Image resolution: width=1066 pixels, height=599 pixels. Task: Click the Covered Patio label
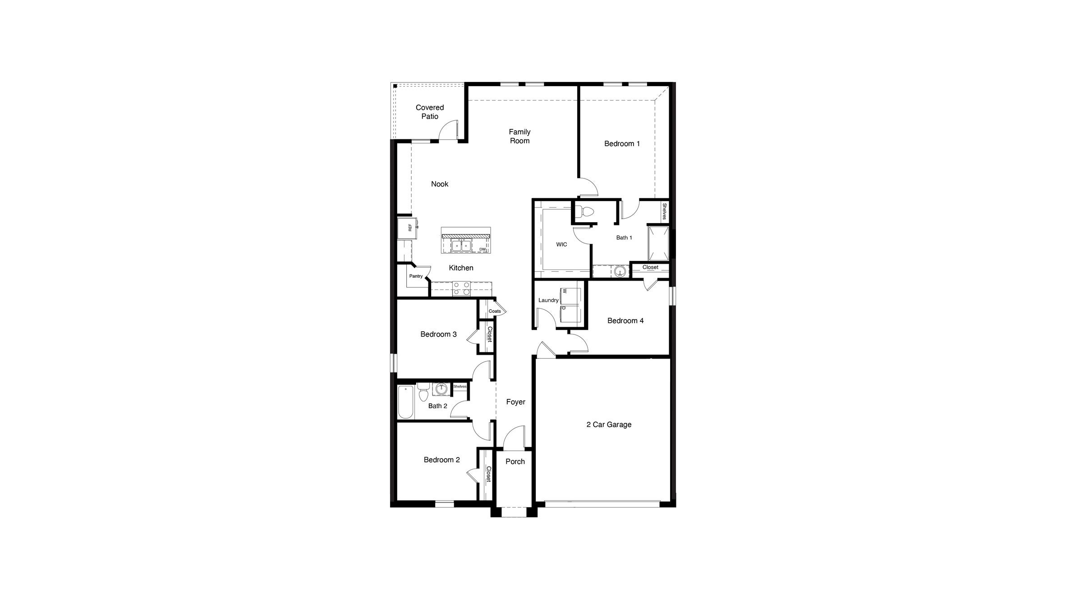point(429,112)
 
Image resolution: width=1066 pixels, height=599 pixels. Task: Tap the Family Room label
point(519,136)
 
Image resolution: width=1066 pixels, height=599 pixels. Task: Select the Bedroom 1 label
point(622,144)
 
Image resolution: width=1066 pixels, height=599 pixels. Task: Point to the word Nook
point(440,184)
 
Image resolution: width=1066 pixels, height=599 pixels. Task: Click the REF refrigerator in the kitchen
point(408,228)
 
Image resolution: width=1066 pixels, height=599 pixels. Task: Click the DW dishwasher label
point(482,249)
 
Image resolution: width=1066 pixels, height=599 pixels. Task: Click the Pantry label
point(416,276)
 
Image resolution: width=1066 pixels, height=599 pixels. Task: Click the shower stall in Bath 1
point(658,243)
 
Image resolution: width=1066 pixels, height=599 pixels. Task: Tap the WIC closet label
point(561,245)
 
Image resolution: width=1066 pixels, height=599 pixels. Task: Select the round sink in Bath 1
point(620,271)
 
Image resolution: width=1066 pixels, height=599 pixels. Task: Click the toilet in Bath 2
point(423,393)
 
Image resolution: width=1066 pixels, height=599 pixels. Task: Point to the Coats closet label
point(495,311)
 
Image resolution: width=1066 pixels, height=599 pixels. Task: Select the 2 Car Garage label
point(609,425)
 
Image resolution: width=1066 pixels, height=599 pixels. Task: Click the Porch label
point(515,462)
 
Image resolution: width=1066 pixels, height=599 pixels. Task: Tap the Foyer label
point(515,402)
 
